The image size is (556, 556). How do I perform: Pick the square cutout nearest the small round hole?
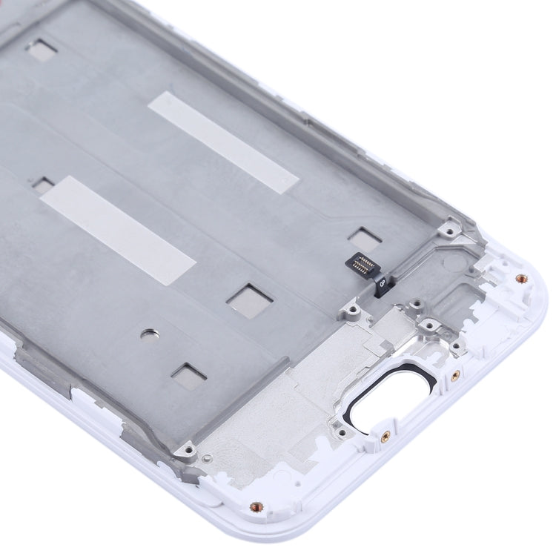(x=187, y=371)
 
